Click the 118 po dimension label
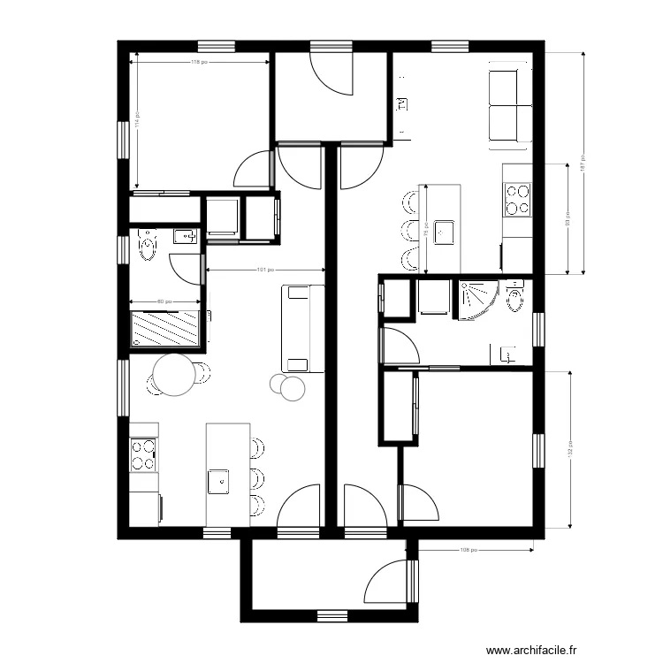pyautogui.click(x=200, y=62)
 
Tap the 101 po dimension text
pyautogui.click(x=264, y=270)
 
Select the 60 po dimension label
pyautogui.click(x=165, y=302)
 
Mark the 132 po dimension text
pyautogui.click(x=570, y=450)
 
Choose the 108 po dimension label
pyautogui.click(x=469, y=549)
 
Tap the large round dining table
pyautogui.click(x=173, y=374)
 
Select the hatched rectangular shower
pyautogui.click(x=165, y=329)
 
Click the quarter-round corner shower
pyautogui.click(x=476, y=298)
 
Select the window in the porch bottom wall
pyautogui.click(x=331, y=615)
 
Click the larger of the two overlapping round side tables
pyautogui.click(x=292, y=387)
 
